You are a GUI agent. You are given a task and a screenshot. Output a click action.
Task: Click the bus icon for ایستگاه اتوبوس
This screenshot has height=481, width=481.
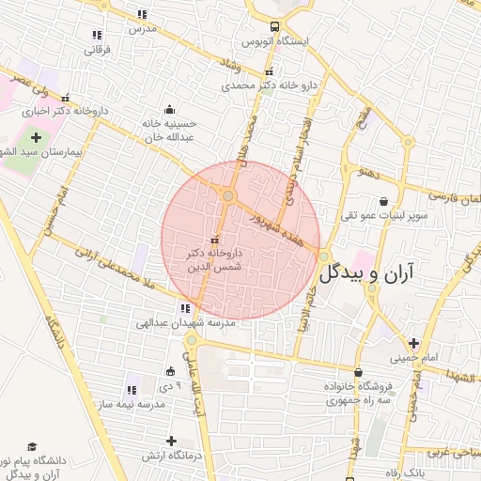274,27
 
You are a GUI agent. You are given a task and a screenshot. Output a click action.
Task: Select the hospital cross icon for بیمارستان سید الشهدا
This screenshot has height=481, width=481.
37,137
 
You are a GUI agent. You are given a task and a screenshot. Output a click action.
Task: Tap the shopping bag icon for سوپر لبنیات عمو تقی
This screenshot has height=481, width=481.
384,200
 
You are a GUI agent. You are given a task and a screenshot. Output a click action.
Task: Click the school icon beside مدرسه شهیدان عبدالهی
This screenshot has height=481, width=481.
183,308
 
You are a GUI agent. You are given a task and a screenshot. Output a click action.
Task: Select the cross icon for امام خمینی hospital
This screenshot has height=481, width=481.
413,343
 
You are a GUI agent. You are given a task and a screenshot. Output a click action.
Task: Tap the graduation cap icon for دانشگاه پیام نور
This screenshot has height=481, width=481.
32,446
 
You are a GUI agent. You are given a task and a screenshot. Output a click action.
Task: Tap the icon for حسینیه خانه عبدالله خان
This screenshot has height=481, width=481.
169,109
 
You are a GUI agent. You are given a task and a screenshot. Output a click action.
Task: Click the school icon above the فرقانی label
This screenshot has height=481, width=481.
98,35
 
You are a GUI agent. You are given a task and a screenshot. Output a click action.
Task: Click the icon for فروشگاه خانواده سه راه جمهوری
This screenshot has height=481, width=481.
357,373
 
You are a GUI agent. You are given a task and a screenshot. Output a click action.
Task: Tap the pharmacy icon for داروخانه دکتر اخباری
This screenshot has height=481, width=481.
65,97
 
